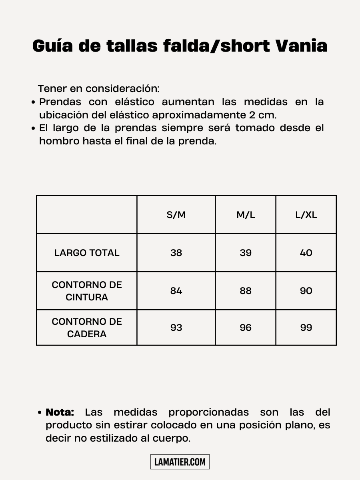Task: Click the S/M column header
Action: pyautogui.click(x=176, y=215)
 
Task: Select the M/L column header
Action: pyautogui.click(x=246, y=215)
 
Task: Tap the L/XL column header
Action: pyautogui.click(x=306, y=215)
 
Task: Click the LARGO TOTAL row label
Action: pyautogui.click(x=87, y=253)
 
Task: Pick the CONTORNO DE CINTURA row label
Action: pyautogui.click(x=87, y=291)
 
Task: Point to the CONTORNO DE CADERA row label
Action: pyautogui.click(x=87, y=328)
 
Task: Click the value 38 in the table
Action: pyautogui.click(x=176, y=253)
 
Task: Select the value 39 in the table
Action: pyautogui.click(x=246, y=253)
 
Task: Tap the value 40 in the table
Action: pyautogui.click(x=306, y=253)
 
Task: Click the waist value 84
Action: pyautogui.click(x=176, y=291)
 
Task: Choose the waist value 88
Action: pyautogui.click(x=246, y=291)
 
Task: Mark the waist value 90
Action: pyautogui.click(x=306, y=291)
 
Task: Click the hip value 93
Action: pyautogui.click(x=176, y=328)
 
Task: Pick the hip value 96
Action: pyautogui.click(x=246, y=328)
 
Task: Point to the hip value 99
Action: pyautogui.click(x=306, y=328)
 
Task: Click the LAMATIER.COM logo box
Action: pyautogui.click(x=180, y=462)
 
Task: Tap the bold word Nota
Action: pyautogui.click(x=60, y=412)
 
